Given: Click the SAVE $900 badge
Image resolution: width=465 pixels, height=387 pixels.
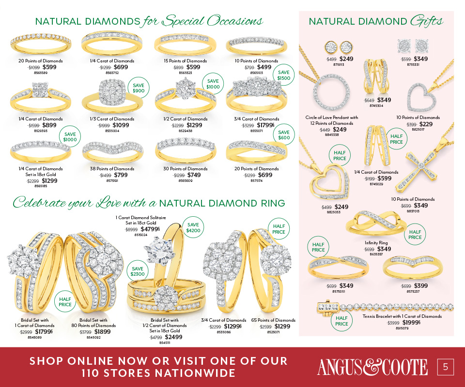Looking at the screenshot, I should [x=138, y=88].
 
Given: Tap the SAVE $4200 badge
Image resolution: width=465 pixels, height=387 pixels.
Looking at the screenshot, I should [x=193, y=227].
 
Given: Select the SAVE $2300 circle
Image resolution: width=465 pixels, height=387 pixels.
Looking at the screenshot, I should [x=138, y=271].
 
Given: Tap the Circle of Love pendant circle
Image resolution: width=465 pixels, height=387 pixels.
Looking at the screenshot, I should [x=331, y=93].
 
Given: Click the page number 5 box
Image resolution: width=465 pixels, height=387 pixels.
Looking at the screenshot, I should [x=446, y=367].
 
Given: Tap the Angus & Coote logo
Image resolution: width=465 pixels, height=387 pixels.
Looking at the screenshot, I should [x=372, y=367].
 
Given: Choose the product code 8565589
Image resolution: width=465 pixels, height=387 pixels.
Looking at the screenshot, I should [x=41, y=73].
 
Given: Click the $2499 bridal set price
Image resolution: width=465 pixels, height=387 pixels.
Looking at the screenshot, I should [x=173, y=337].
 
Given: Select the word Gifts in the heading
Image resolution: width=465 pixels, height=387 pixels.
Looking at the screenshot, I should [x=426, y=21].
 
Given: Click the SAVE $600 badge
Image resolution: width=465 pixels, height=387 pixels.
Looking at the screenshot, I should [x=284, y=135].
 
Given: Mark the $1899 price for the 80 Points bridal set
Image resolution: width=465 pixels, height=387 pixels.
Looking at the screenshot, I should [x=102, y=332].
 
